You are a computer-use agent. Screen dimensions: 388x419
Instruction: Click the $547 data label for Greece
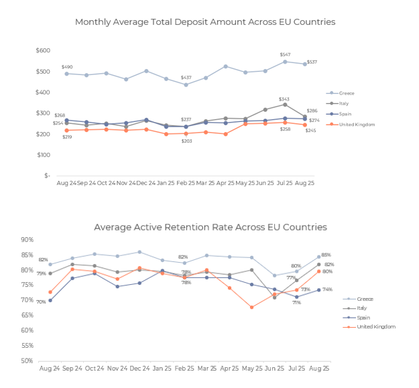point(286,54)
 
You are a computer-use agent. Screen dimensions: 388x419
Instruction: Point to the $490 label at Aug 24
point(67,66)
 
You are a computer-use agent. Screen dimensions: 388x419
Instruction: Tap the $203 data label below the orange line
point(186,141)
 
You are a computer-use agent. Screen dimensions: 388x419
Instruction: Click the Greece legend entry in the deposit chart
point(344,93)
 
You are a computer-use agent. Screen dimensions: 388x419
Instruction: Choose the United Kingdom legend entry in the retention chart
point(374,326)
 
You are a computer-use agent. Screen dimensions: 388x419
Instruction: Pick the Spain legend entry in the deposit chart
point(343,114)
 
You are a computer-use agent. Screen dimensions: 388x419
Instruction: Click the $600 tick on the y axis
point(43,51)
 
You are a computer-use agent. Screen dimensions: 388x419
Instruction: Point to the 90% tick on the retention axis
point(27,240)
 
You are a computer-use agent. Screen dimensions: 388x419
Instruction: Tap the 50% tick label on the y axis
point(27,361)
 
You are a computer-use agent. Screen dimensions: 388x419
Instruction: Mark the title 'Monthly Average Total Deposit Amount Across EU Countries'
point(205,22)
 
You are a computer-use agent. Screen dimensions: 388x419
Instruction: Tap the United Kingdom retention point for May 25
point(252,308)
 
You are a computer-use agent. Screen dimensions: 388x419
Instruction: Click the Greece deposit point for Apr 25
point(225,66)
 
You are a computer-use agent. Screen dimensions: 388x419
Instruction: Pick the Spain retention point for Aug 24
point(50,300)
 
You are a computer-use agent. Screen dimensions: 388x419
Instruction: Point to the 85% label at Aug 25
point(326,255)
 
